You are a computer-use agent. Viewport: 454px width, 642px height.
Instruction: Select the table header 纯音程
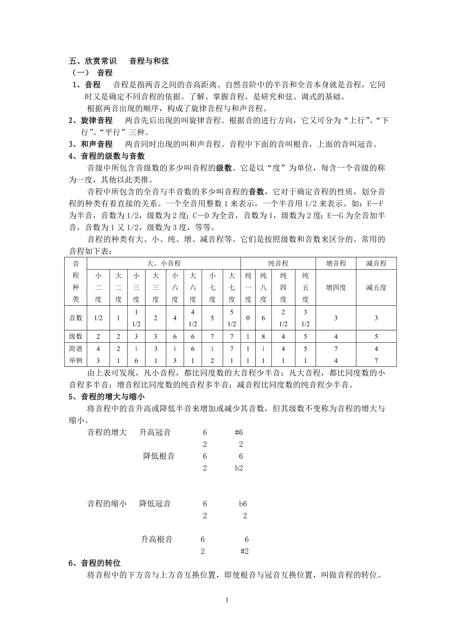(278, 263)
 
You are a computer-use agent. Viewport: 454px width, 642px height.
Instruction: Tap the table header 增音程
(336, 263)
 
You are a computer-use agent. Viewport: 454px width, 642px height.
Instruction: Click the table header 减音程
(376, 263)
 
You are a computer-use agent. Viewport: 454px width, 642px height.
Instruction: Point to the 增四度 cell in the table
(336, 287)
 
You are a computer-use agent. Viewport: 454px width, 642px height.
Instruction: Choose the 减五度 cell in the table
(376, 287)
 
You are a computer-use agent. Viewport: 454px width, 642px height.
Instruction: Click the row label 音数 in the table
(76, 318)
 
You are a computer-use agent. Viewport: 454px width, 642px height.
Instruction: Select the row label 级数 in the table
(76, 336)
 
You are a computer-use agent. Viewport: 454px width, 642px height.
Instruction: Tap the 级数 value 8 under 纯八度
(264, 336)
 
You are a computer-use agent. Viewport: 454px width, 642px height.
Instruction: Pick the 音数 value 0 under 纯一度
(248, 318)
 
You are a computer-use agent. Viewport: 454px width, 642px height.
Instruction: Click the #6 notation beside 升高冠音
(239, 432)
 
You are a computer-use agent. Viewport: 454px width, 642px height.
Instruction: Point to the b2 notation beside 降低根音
(239, 468)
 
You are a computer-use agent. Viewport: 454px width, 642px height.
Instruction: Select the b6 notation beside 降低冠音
(242, 504)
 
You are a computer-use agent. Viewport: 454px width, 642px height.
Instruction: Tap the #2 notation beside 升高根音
(244, 551)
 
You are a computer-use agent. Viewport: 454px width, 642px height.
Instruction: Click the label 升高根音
(156, 539)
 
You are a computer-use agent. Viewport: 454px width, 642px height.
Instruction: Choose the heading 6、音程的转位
(94, 563)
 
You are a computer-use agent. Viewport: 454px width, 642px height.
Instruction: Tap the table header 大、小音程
(164, 263)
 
